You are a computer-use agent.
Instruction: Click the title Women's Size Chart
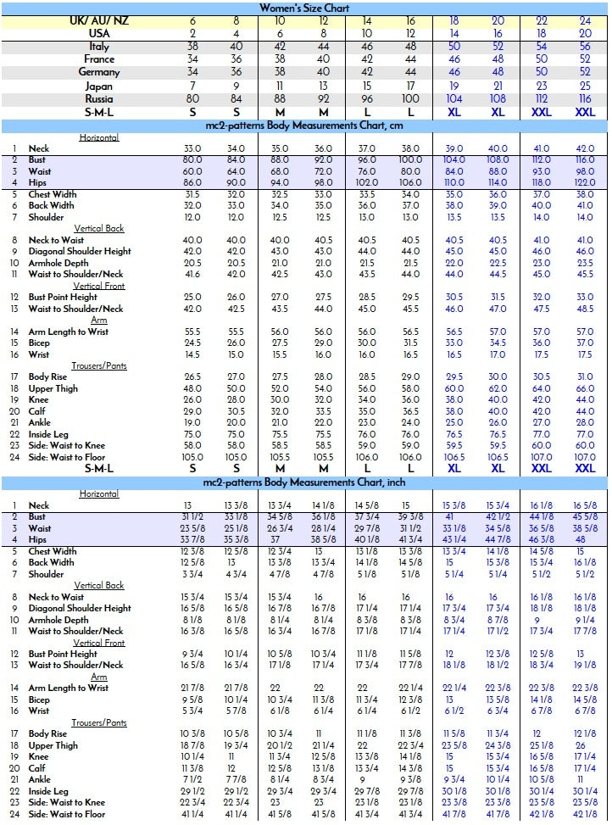(x=305, y=8)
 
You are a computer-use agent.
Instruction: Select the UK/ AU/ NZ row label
(x=99, y=20)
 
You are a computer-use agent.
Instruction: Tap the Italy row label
(x=99, y=47)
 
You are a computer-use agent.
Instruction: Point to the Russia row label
(x=99, y=99)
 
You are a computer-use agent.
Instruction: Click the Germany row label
(x=99, y=72)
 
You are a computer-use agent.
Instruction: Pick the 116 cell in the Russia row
(x=585, y=99)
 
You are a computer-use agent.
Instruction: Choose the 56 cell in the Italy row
(x=585, y=47)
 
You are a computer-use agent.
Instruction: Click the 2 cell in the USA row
(x=192, y=33)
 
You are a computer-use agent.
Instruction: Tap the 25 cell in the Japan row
(x=585, y=86)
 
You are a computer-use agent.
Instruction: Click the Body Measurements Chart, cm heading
(x=305, y=125)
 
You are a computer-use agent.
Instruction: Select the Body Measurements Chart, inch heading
(x=305, y=482)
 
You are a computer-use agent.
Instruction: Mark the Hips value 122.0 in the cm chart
(x=585, y=182)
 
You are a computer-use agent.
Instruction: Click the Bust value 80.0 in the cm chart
(x=192, y=159)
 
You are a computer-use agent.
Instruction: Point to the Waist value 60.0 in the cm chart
(x=192, y=171)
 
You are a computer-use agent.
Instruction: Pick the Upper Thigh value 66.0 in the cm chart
(x=585, y=388)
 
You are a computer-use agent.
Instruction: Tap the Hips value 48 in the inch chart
(x=585, y=539)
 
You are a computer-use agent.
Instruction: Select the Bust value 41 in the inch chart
(x=450, y=516)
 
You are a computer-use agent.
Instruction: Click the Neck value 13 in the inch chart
(x=192, y=505)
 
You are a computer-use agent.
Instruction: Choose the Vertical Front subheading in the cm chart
(x=99, y=286)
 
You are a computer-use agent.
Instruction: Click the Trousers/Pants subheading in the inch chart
(x=99, y=722)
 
